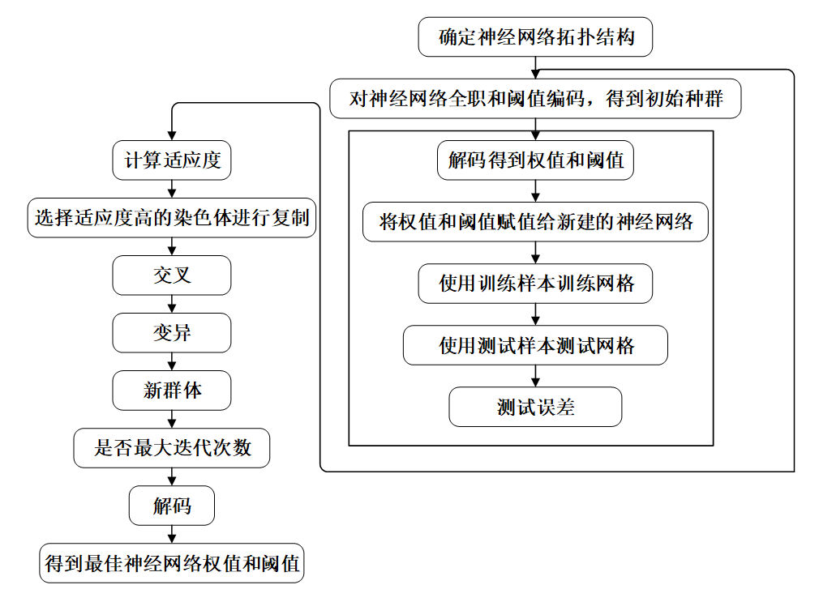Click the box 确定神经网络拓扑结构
pos(535,37)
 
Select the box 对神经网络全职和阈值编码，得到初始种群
pos(535,99)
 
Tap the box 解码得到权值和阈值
pos(535,160)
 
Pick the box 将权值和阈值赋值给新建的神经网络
pos(535,222)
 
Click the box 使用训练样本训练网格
pos(535,284)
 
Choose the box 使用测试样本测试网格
pos(535,345)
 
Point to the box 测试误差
pos(535,407)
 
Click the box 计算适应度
pos(172,160)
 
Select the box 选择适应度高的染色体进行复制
pos(172,218)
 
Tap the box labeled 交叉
pos(172,275)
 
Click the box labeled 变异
pos(172,333)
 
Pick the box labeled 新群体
pos(172,391)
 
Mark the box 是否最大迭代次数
pos(172,448)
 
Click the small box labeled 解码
pos(172,506)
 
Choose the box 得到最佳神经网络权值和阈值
pos(172,563)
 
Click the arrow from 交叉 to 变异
pos(172,304)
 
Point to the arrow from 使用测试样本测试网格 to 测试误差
pos(535,376)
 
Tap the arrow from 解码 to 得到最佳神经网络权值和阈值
pos(172,535)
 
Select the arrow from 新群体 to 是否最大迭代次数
pos(172,419)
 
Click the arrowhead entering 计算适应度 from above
pos(172,135)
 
